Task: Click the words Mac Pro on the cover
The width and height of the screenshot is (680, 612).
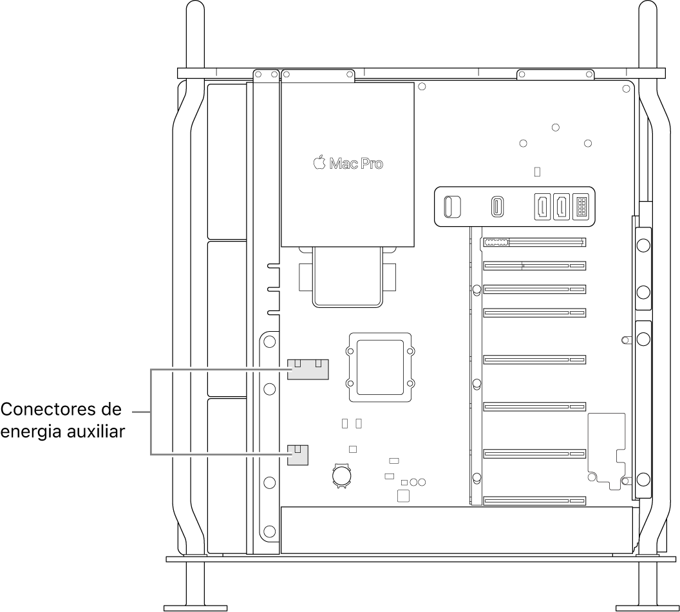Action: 356,164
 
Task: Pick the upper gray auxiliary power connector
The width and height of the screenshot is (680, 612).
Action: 308,370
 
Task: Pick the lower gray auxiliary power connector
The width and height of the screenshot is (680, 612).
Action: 297,455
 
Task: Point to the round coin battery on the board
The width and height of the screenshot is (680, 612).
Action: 341,475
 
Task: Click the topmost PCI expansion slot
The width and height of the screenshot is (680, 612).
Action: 534,243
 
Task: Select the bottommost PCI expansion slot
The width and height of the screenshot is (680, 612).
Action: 534,501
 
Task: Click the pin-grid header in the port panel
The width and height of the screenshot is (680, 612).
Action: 581,207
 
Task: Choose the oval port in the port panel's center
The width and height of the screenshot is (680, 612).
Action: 498,207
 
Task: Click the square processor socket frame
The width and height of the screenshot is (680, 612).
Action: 380,368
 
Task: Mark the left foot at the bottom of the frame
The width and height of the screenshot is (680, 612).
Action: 195,607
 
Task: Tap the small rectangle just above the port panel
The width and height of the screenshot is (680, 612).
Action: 538,172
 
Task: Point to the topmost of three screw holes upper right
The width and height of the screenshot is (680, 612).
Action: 556,128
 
